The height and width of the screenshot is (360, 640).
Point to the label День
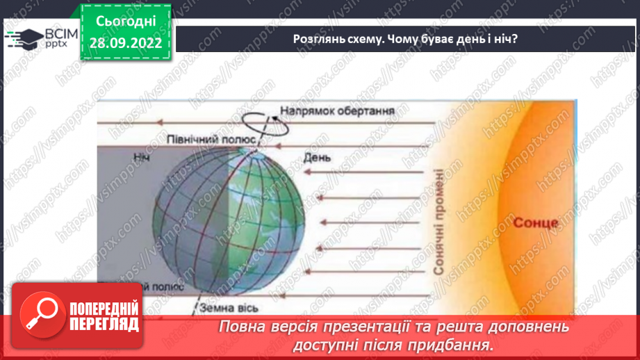click(x=317, y=158)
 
